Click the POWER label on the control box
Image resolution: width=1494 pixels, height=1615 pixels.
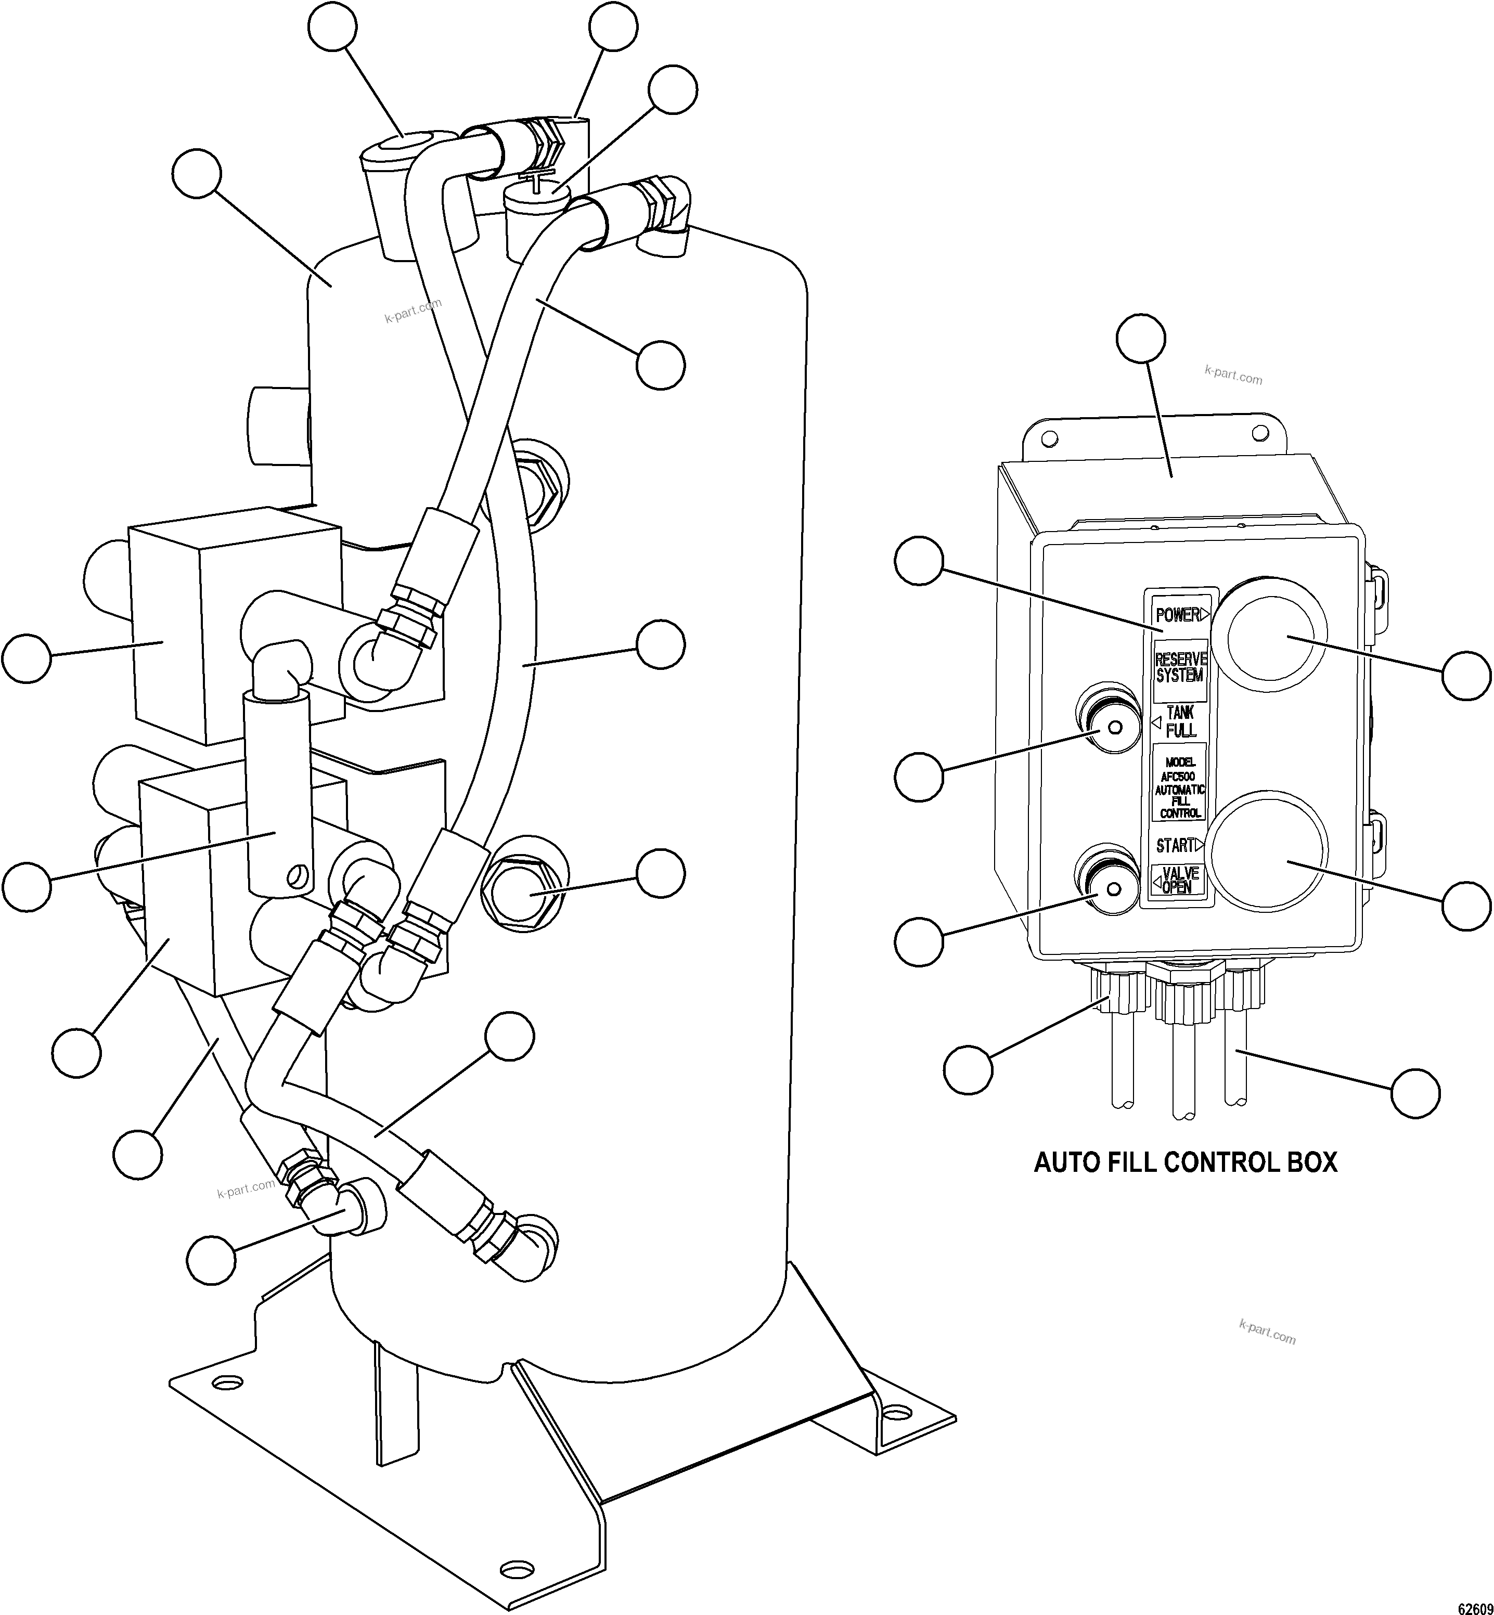[x=1177, y=615]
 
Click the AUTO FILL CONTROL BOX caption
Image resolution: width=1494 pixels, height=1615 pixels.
[x=1185, y=1163]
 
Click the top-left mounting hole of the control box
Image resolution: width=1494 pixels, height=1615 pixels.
[x=1049, y=437]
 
